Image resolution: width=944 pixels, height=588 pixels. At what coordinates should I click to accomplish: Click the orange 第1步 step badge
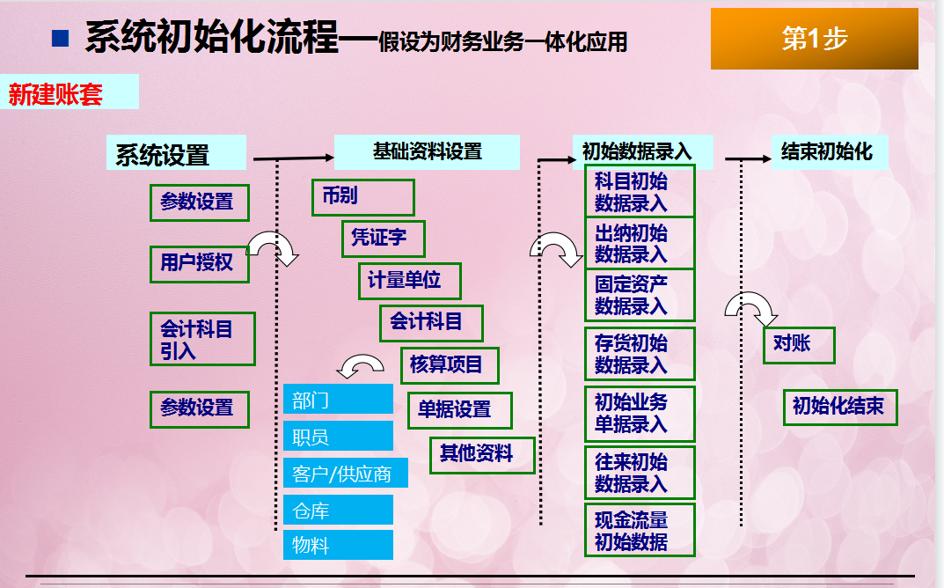[x=814, y=39]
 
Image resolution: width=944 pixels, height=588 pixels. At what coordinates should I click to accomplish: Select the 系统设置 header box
[x=176, y=154]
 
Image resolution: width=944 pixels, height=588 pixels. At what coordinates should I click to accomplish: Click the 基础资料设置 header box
[x=427, y=151]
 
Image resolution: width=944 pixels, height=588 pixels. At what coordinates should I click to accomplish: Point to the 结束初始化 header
[x=829, y=151]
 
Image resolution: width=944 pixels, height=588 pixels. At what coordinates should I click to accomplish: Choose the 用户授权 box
[x=199, y=262]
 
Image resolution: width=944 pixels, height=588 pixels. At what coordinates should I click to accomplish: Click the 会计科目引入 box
[x=202, y=340]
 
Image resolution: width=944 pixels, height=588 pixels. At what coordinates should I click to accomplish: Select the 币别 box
[x=362, y=197]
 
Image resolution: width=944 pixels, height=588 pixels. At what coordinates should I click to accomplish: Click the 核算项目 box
[x=449, y=365]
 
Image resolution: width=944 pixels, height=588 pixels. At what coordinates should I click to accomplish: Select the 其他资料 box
[x=482, y=455]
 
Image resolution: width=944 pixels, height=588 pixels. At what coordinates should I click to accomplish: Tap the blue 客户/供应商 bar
[x=338, y=474]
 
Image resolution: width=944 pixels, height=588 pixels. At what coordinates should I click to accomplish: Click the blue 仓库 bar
[x=338, y=510]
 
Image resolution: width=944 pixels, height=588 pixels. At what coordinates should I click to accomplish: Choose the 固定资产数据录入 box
[x=640, y=295]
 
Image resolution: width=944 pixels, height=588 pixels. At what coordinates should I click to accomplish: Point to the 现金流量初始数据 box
[x=640, y=530]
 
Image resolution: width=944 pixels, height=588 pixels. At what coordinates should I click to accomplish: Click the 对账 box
[x=798, y=344]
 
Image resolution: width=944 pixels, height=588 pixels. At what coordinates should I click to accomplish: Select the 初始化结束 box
[x=840, y=408]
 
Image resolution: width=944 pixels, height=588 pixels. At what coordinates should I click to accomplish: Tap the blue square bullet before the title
[x=61, y=38]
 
